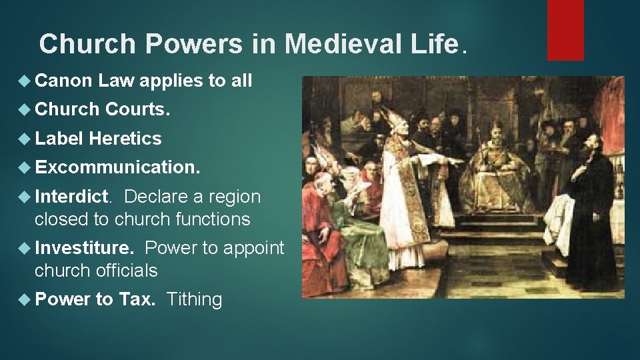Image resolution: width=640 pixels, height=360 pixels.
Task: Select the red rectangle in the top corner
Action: [565, 29]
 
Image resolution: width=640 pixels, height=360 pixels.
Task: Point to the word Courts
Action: [138, 110]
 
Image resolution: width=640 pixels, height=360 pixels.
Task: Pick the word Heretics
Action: [125, 139]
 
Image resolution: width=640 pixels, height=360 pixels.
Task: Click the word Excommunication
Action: [117, 167]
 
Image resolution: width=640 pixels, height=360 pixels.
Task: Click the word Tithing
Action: [194, 299]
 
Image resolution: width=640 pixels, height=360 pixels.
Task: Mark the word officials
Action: [125, 271]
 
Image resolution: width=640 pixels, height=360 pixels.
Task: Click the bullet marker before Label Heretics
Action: [26, 139]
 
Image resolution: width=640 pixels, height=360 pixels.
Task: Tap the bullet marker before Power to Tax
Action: [26, 299]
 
